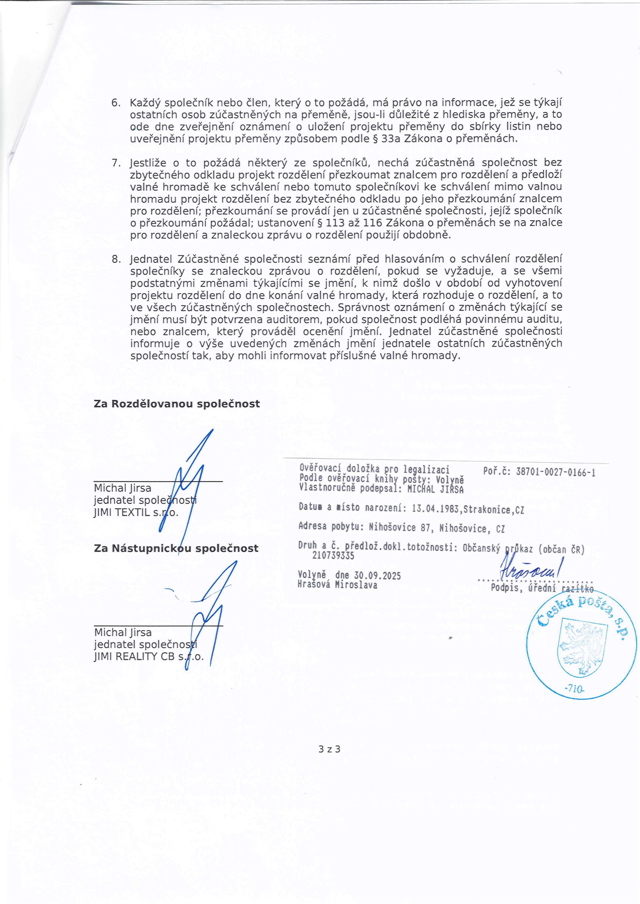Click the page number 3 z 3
point(329,749)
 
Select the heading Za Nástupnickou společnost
point(176,548)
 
